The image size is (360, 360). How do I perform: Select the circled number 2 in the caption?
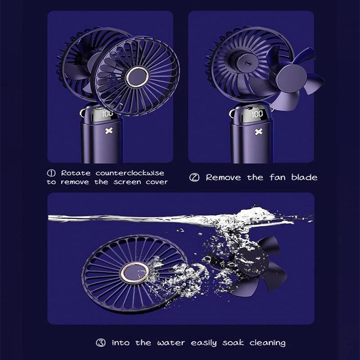194,177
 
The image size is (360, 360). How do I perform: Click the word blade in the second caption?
304,177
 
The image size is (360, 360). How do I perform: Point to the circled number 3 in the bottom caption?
101,343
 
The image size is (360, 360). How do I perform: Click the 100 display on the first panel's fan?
108,114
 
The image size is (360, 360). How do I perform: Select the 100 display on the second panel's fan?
257,114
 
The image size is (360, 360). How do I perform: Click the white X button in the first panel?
108,131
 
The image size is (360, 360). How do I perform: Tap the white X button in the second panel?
258,131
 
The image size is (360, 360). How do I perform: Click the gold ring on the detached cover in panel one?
137,77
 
